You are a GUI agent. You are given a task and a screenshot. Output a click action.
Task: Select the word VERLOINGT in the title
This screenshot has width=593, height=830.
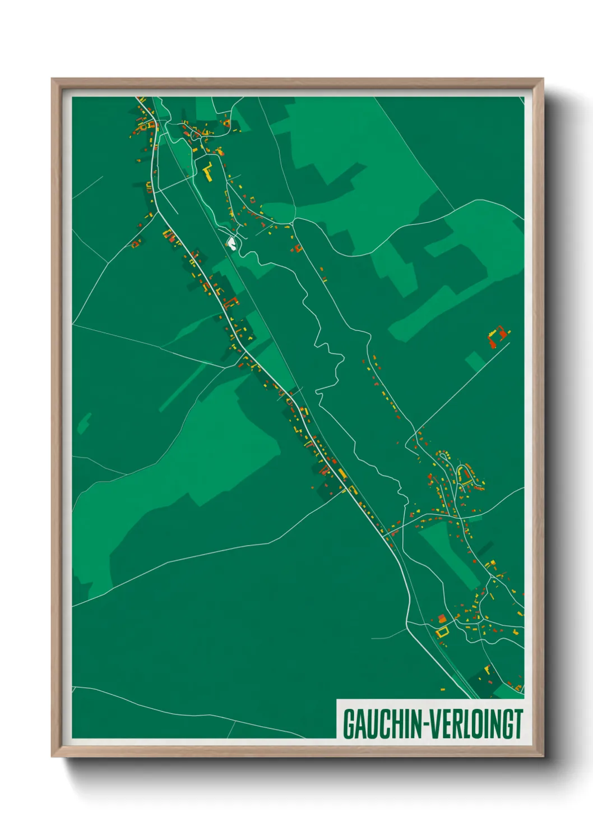click(x=477, y=724)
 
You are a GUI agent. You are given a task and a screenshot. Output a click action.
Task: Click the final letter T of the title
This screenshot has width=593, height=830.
click(x=518, y=724)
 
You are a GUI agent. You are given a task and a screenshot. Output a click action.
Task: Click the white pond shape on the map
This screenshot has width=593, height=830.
click(x=230, y=243)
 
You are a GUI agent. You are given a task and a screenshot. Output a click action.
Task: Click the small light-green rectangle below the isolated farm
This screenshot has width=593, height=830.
click(x=475, y=361)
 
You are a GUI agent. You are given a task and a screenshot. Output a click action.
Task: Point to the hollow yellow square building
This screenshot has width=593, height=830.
click(x=443, y=632)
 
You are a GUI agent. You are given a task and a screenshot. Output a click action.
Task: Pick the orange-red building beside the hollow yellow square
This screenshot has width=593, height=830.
click(x=442, y=619)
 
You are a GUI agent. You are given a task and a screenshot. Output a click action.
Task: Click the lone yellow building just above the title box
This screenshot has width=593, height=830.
click(x=443, y=689)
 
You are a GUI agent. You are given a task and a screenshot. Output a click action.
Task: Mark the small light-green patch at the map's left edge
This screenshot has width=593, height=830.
click(x=84, y=423)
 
